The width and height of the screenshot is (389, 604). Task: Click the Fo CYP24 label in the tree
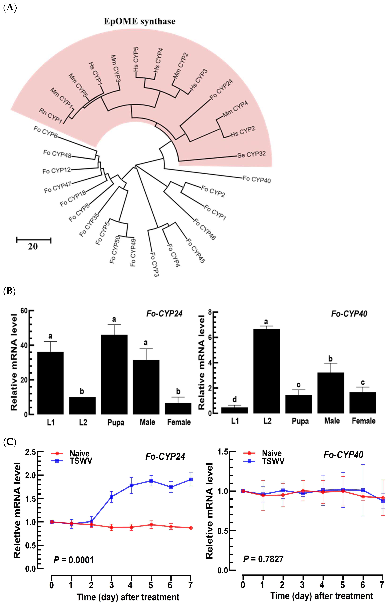click(221, 89)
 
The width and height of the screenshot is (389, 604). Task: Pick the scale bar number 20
click(33, 246)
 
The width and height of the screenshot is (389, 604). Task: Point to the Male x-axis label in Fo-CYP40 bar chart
click(332, 421)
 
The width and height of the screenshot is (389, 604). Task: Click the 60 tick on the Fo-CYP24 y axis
click(24, 311)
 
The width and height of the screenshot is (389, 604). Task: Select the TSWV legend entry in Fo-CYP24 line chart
click(81, 461)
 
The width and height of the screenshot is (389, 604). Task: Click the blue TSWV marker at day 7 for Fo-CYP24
click(191, 480)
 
